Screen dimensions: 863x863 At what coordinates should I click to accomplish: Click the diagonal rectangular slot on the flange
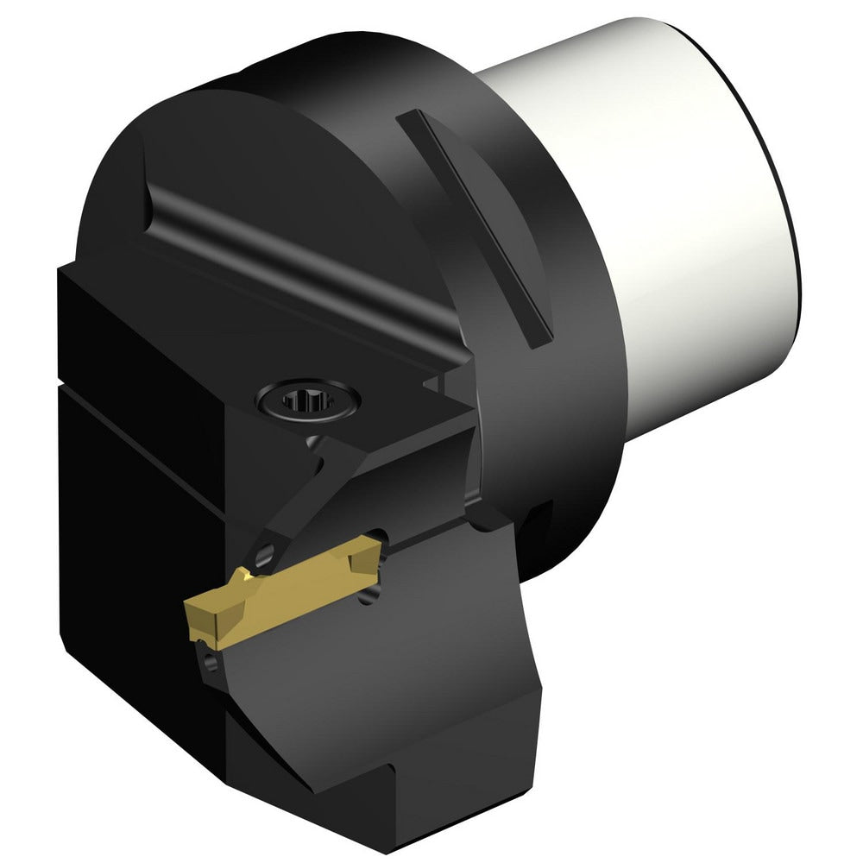[x=476, y=224]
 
